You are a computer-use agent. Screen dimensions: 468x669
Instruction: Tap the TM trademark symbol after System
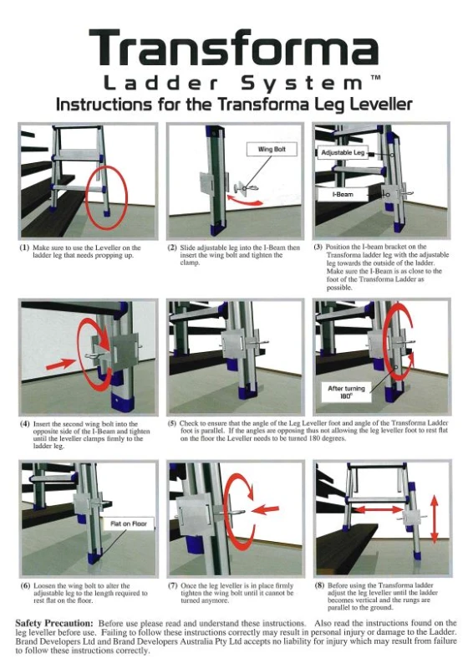[375, 78]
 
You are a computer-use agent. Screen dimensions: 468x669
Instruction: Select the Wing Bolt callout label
[272, 150]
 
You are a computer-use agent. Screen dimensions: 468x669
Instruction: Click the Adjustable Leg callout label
[343, 153]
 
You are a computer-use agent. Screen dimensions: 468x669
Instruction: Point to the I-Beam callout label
[343, 195]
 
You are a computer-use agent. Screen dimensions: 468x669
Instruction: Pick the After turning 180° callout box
[346, 392]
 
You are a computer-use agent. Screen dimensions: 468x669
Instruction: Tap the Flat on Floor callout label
[129, 523]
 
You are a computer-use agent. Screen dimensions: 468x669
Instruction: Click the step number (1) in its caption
[25, 248]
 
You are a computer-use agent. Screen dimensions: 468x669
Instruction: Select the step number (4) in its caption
[25, 424]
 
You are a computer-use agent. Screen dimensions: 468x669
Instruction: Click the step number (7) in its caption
[173, 585]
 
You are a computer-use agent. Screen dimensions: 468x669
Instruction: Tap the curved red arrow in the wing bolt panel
[245, 202]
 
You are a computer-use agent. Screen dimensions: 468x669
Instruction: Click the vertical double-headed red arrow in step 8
[434, 518]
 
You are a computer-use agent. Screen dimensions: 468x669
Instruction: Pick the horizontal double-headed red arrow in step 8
[378, 508]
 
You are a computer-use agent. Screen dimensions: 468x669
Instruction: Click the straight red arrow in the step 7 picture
[266, 509]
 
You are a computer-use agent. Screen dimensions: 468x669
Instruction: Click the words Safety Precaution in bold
[54, 623]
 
